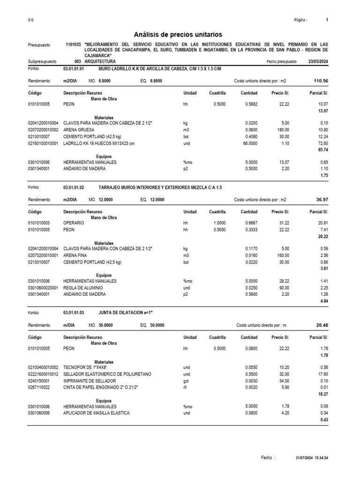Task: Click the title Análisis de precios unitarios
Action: click(x=178, y=35)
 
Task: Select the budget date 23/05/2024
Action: click(x=318, y=61)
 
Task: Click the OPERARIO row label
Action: click(x=74, y=224)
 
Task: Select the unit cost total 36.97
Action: click(x=322, y=200)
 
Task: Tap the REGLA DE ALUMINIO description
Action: click(x=83, y=287)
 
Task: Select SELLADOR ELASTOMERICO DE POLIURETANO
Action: click(x=108, y=375)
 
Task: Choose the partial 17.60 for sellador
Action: click(x=322, y=375)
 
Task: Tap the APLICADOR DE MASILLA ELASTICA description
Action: click(x=97, y=412)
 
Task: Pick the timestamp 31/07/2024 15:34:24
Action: click(x=312, y=457)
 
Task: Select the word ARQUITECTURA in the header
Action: click(x=100, y=61)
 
